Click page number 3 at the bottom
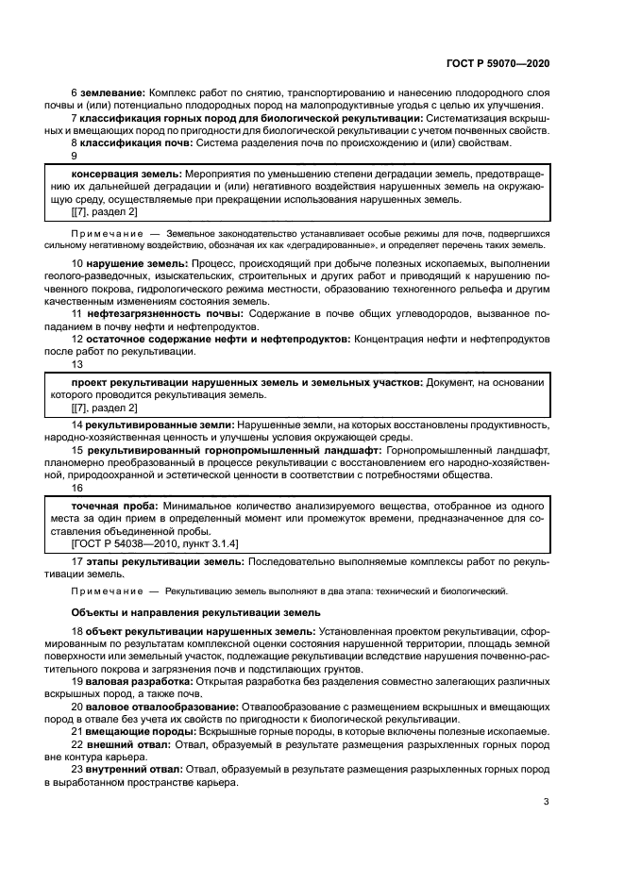pos(546,802)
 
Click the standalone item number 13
pos(77,363)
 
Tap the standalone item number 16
pos(77,489)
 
